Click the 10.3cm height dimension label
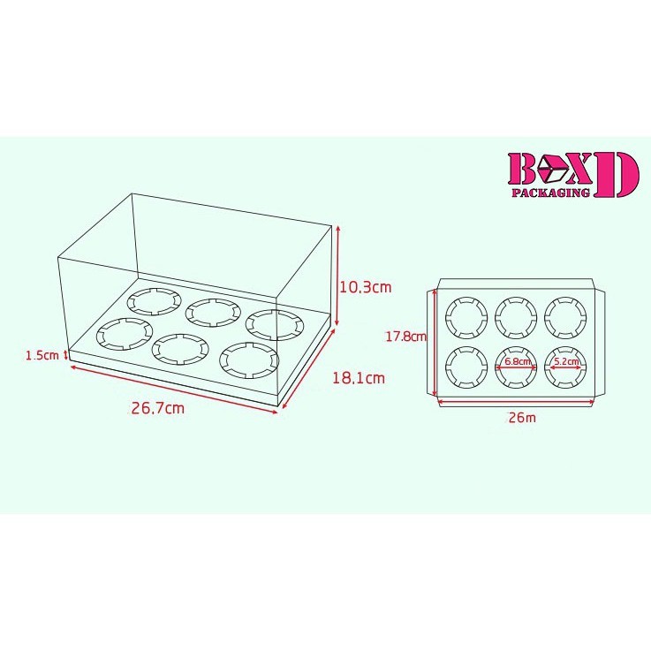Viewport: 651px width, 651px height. coord(366,287)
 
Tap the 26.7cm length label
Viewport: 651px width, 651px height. coord(158,408)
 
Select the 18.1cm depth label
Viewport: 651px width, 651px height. coord(359,378)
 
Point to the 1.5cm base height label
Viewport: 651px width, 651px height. coord(42,355)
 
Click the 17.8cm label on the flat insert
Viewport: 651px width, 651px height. coord(406,337)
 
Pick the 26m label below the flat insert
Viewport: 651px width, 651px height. coord(522,417)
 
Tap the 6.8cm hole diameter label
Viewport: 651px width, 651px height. coord(518,361)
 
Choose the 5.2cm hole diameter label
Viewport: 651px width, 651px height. coord(567,361)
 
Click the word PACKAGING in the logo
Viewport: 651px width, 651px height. coord(550,193)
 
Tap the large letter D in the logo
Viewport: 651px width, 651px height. coord(617,174)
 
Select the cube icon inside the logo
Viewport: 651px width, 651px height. coord(553,169)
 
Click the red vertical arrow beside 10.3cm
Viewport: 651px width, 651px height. coord(338,276)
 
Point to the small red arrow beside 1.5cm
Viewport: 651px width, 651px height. coord(65,355)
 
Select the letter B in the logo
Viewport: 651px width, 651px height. coord(522,169)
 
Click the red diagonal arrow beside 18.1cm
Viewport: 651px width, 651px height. coord(309,368)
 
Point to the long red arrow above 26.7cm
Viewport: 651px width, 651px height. coord(173,390)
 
